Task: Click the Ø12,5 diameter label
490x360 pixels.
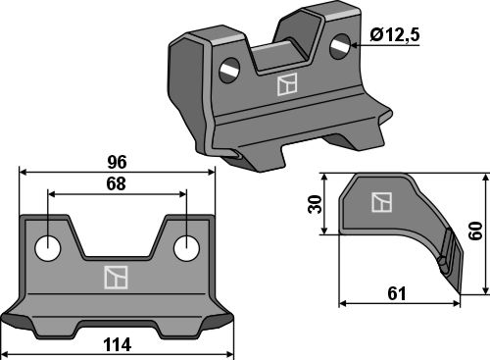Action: click(395, 35)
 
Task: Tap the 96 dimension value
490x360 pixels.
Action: click(117, 163)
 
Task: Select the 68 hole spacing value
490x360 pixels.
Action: click(116, 184)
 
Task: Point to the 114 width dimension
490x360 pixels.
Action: click(117, 345)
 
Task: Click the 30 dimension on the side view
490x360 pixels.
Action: click(316, 204)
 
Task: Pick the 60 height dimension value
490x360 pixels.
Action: click(475, 231)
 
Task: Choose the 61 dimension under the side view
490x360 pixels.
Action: click(397, 293)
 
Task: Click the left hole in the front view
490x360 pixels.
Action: click(48, 248)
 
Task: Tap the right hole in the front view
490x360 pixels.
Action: click(186, 248)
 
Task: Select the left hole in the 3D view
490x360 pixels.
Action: click(229, 71)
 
